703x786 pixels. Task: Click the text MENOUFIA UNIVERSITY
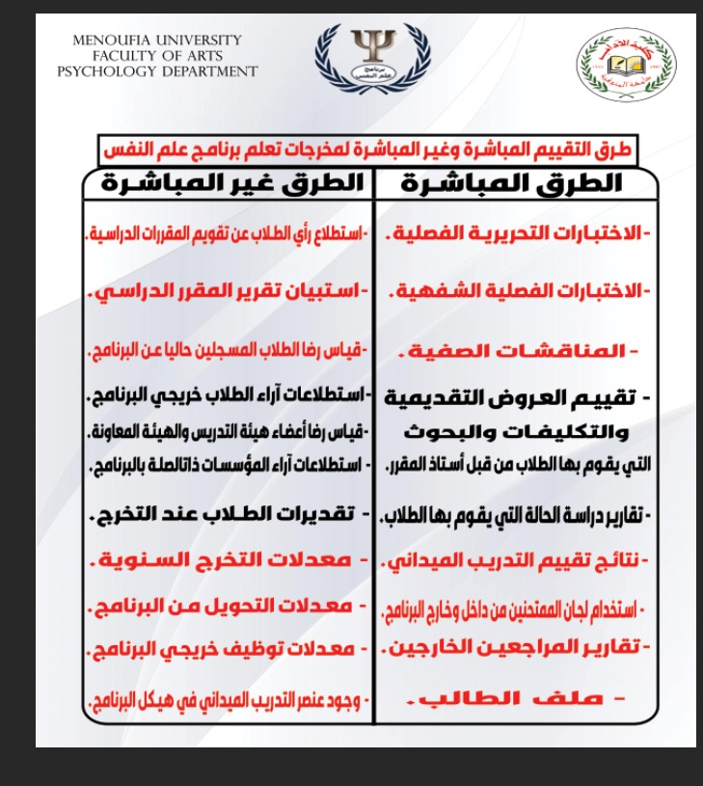(156, 41)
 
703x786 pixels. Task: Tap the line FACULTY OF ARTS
(156, 56)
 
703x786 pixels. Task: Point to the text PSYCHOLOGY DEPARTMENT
(156, 71)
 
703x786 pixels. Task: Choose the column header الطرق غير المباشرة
(224, 182)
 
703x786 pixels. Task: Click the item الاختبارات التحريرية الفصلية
(518, 235)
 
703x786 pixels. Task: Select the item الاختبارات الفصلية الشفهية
(518, 291)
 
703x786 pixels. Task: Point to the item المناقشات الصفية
(528, 351)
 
